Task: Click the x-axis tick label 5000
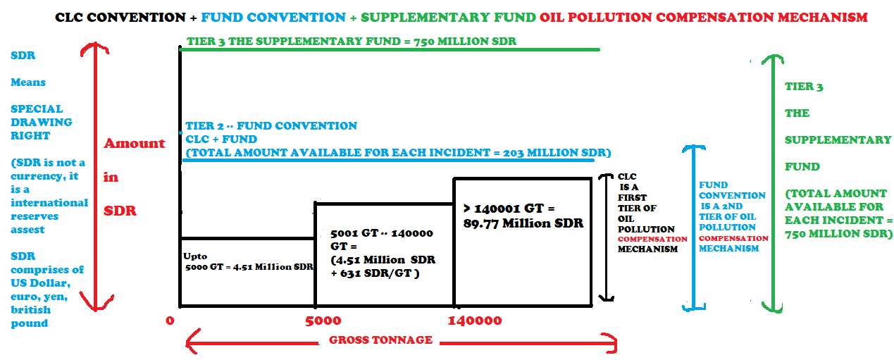pyautogui.click(x=323, y=321)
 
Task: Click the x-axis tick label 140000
pyautogui.click(x=475, y=321)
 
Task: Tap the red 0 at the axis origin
pyautogui.click(x=170, y=321)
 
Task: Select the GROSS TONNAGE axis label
pyautogui.click(x=380, y=340)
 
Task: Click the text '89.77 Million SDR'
pyautogui.click(x=523, y=223)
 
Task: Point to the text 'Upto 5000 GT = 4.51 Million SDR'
pyautogui.click(x=248, y=262)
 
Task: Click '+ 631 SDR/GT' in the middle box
pyautogui.click(x=375, y=274)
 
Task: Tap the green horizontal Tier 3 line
pyautogui.click(x=390, y=49)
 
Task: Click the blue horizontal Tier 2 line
pyautogui.click(x=388, y=161)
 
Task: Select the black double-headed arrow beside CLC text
pyautogui.click(x=607, y=237)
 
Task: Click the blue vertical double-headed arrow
pyautogui.click(x=694, y=228)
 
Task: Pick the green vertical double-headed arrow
pyautogui.click(x=773, y=184)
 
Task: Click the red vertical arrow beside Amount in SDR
pyautogui.click(x=95, y=176)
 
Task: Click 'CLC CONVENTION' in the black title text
pyautogui.click(x=120, y=18)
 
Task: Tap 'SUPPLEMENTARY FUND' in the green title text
pyautogui.click(x=448, y=18)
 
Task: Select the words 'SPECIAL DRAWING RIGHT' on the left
pyautogui.click(x=41, y=122)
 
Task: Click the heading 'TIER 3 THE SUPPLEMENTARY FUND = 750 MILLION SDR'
pyautogui.click(x=352, y=41)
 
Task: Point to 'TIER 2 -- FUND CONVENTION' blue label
pyautogui.click(x=271, y=125)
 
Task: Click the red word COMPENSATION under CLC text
pyautogui.click(x=652, y=239)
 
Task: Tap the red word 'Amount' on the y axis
pyautogui.click(x=134, y=143)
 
